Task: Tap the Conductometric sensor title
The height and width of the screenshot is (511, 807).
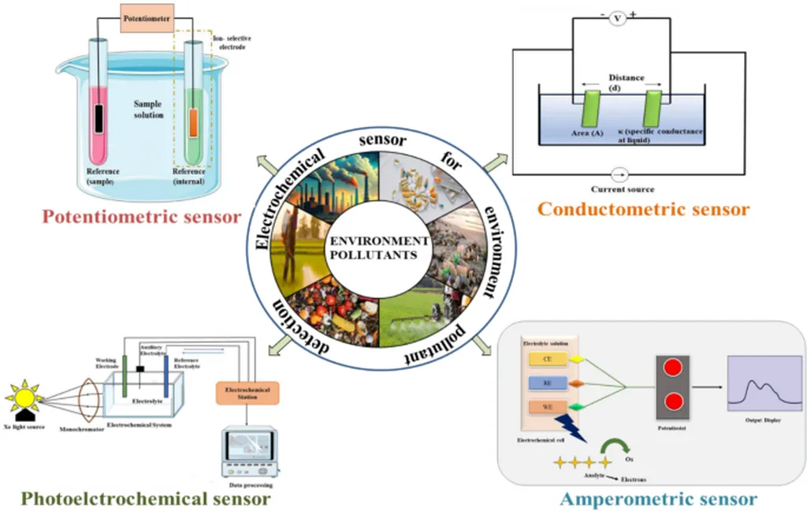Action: pos(643,209)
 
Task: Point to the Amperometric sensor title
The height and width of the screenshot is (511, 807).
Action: pos(658,498)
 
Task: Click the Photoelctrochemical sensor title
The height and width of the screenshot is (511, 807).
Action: pos(146,498)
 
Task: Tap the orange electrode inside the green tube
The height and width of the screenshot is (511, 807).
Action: pos(193,126)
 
